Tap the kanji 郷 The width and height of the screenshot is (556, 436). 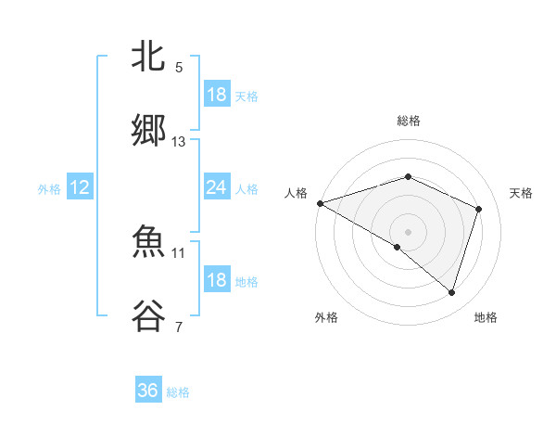pos(148,132)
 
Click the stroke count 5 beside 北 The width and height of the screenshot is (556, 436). pos(179,68)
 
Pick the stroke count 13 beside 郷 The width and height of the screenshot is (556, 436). pos(179,142)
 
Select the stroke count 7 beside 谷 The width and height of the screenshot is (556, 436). pos(179,327)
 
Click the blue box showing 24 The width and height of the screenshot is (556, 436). pos(216,187)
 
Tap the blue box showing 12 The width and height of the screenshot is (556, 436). pos(79,187)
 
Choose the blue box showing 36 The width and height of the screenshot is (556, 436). pos(147,391)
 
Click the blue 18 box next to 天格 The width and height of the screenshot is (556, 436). pos(216,95)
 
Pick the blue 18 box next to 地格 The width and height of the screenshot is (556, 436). pos(216,280)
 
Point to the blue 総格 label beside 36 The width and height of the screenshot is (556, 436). pos(178,392)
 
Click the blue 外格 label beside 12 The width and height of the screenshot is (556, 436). pos(49,189)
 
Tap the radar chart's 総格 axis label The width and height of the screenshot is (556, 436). pos(408,121)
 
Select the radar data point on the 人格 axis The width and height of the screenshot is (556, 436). pos(320,203)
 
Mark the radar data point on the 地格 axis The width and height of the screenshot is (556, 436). pos(451,292)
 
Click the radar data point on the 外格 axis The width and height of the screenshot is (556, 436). pos(398,247)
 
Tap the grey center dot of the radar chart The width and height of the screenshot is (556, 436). pos(408,231)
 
